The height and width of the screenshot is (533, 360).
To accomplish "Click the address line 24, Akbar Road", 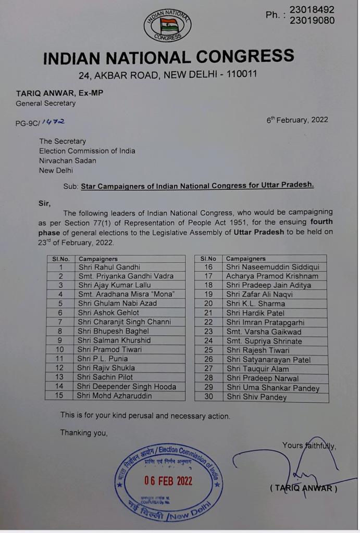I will click(168, 75).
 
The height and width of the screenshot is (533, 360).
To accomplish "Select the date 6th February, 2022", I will click(297, 120).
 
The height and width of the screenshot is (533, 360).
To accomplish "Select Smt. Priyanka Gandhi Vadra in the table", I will click(126, 276).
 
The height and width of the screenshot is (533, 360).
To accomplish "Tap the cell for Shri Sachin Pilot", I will click(105, 377).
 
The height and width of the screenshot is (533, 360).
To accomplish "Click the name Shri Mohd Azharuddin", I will click(115, 396).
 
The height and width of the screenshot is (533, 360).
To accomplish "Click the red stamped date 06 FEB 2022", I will click(168, 480).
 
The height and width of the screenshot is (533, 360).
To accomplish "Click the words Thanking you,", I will click(84, 433).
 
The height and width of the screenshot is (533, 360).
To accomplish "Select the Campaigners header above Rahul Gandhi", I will click(97, 259).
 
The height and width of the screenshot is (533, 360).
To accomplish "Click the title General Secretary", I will click(45, 103).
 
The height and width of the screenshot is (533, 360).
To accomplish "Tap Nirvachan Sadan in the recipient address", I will click(68, 160).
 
